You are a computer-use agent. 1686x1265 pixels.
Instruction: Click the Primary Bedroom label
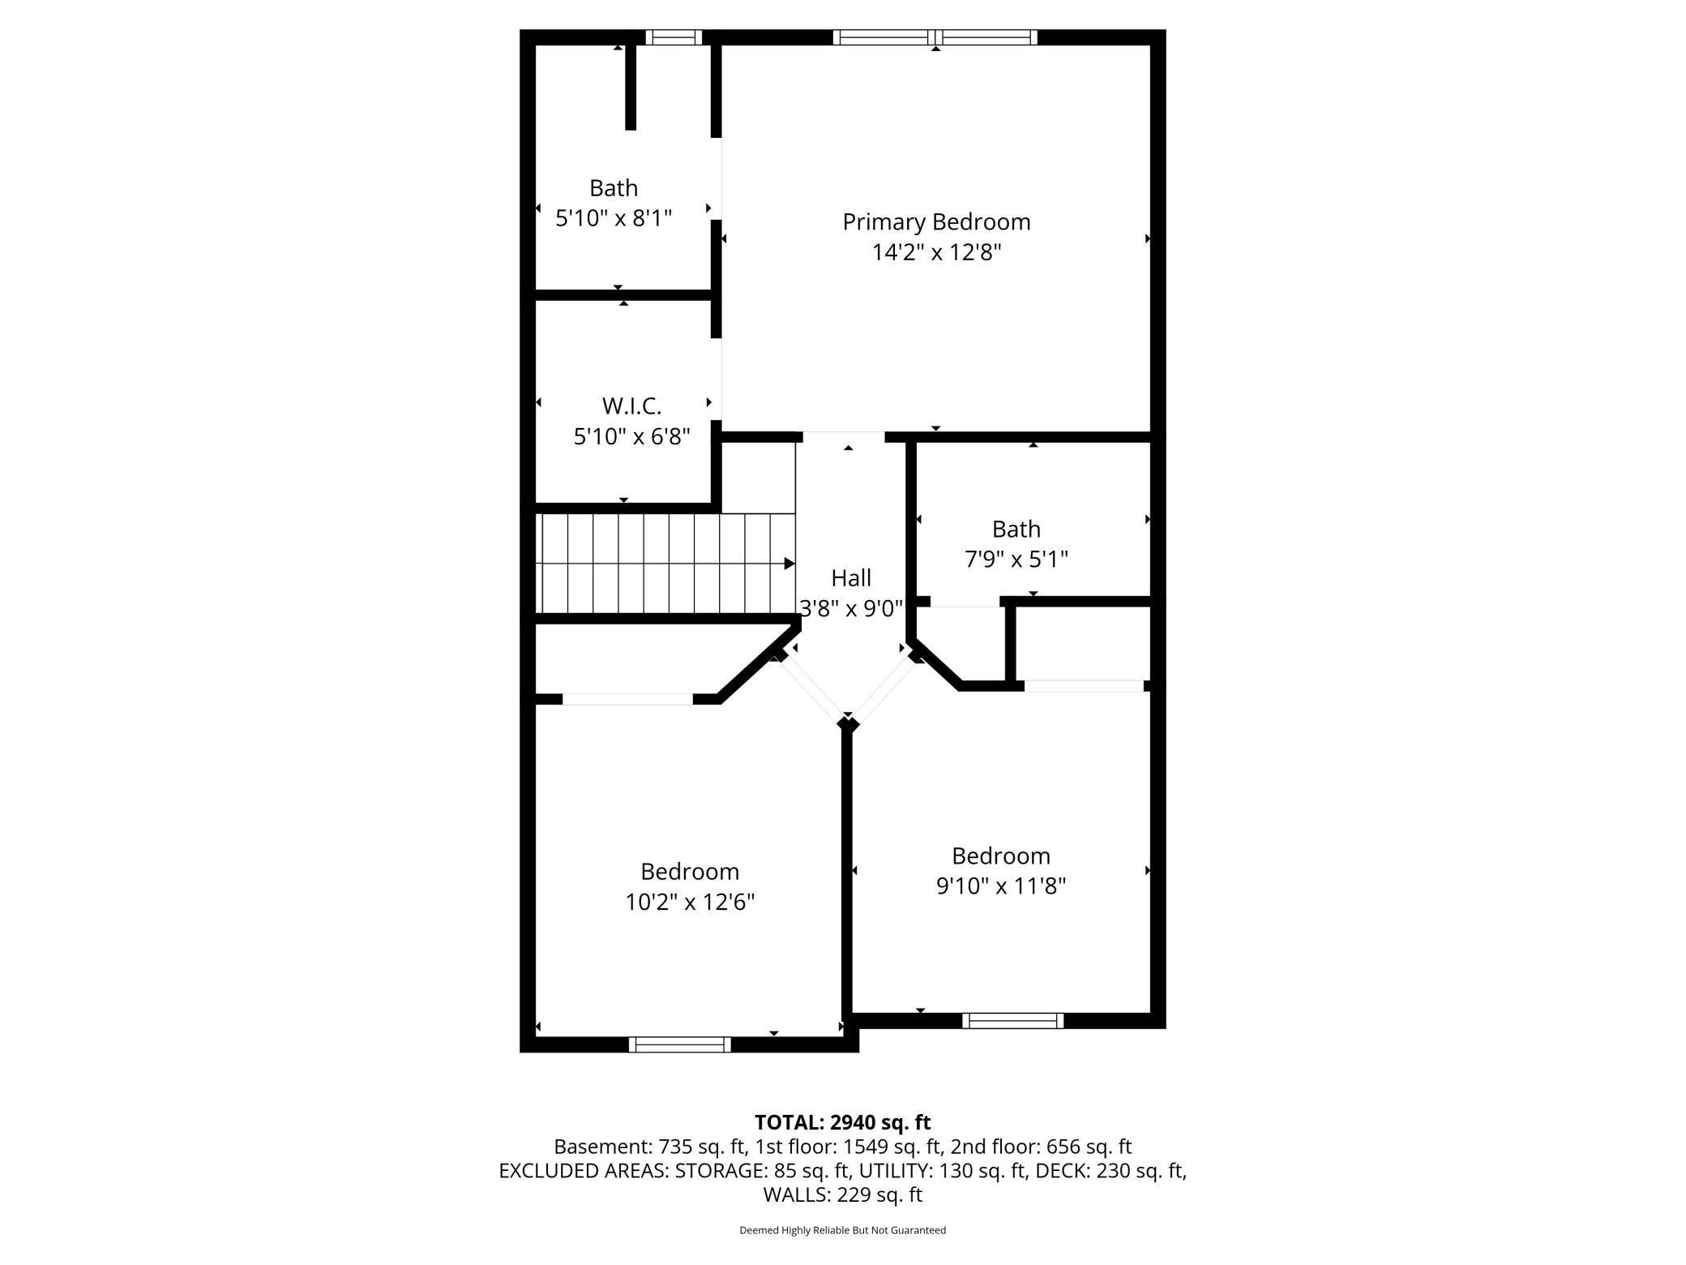point(936,221)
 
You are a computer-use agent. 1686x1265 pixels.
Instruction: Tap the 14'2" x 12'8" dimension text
point(936,253)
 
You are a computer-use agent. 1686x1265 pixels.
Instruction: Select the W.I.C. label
point(631,405)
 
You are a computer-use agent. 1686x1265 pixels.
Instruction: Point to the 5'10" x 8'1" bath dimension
point(614,218)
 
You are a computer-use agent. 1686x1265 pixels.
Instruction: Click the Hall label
point(850,578)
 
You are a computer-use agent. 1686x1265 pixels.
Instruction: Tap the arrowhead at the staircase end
point(789,564)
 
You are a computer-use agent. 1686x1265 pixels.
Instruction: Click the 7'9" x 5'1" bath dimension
point(1016,560)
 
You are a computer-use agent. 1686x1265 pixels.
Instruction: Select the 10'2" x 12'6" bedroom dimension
point(689,902)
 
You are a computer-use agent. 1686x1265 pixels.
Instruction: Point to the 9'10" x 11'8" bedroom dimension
point(1000,886)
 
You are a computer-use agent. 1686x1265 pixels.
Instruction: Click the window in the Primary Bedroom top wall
point(935,37)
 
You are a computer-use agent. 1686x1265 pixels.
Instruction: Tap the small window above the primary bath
point(674,37)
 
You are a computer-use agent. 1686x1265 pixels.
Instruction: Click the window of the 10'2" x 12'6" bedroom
point(679,1045)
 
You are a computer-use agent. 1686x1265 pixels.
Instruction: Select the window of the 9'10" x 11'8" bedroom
point(1012,1021)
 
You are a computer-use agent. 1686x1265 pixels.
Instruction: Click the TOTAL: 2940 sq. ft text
point(842,1122)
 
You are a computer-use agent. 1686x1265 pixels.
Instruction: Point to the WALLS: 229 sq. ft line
point(842,1194)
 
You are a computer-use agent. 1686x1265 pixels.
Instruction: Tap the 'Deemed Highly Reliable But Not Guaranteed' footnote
point(842,1230)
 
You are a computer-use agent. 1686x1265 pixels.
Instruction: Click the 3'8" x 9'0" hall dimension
point(850,608)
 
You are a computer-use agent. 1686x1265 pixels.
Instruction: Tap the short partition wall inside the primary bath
point(631,88)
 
